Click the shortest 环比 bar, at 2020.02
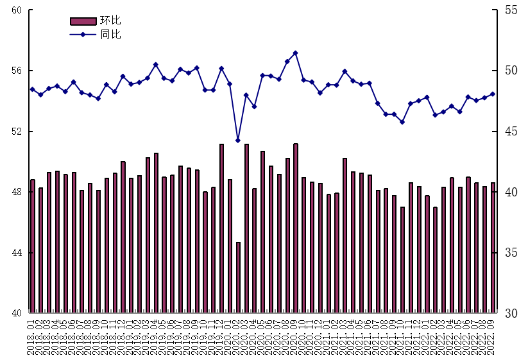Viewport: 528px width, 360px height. pos(238,277)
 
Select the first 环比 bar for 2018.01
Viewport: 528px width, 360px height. pos(33,246)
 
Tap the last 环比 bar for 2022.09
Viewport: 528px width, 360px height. pos(493,248)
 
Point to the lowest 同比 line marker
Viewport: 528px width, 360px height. pos(238,140)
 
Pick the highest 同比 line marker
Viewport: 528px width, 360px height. pos(295,53)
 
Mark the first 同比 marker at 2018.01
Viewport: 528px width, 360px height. pos(33,89)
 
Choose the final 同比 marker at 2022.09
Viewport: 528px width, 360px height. pos(493,94)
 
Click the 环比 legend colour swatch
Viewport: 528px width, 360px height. pos(83,21)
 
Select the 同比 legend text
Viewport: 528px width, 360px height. pos(111,34)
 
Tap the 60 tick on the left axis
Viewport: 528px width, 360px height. pos(17,10)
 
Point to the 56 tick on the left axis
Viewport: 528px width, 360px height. pos(17,71)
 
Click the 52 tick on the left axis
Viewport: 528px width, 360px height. pos(17,132)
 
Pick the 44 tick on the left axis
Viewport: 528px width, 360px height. pos(17,253)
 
